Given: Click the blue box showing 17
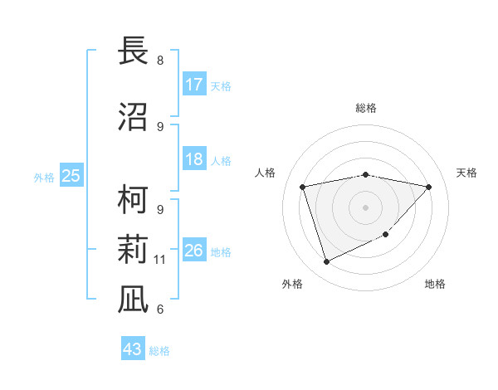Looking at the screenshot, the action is click(x=194, y=85).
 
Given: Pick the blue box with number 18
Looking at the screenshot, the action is click(x=194, y=159).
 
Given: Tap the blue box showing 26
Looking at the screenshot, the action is click(x=194, y=251).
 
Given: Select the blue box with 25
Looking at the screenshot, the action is click(x=71, y=176).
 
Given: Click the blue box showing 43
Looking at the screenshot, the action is click(x=133, y=349).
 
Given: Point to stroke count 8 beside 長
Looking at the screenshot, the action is click(x=160, y=61).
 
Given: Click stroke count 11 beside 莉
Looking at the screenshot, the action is click(x=160, y=260).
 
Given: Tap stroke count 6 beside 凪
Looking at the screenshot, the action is click(x=160, y=310).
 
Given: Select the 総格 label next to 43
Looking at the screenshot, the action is click(x=159, y=351).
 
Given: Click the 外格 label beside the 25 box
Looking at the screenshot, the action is click(x=44, y=178).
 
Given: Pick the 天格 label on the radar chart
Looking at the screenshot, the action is click(x=466, y=173).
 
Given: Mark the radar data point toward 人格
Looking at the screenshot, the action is click(x=303, y=187).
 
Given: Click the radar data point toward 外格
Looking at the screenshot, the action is click(x=326, y=262).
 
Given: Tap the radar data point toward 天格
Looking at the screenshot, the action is click(x=428, y=187).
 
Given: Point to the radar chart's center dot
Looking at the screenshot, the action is click(x=366, y=207).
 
